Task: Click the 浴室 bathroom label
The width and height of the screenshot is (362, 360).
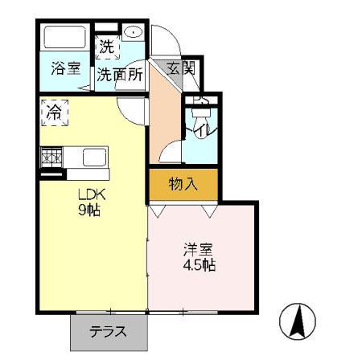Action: pos(65,70)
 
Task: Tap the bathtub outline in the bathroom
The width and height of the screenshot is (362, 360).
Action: pos(65,39)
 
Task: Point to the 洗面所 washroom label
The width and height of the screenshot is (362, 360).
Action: pos(121,75)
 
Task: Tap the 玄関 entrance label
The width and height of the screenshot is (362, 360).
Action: pos(180,69)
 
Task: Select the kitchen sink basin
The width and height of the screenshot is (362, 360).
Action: pos(94,157)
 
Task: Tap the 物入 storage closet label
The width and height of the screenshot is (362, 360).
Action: pos(183,184)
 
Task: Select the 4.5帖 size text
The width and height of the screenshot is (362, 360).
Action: pos(199,266)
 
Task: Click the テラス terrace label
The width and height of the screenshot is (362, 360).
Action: pos(109,331)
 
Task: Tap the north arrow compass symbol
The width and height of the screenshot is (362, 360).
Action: pos(297,322)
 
